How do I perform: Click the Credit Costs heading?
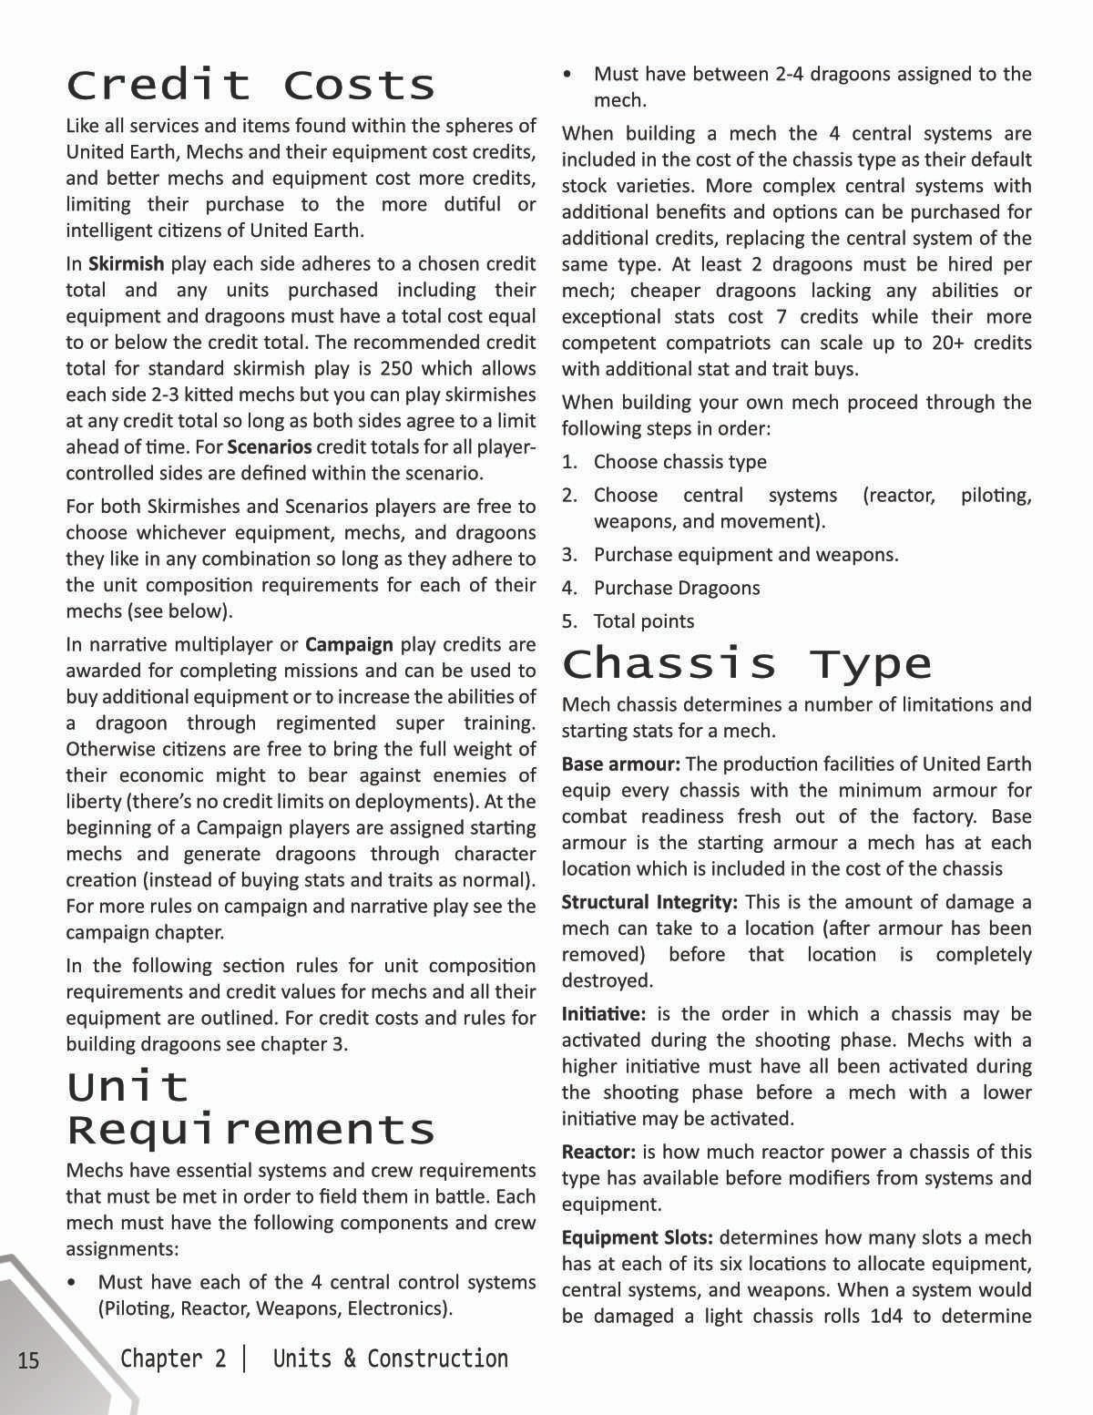(250, 85)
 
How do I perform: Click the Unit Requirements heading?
(250, 1108)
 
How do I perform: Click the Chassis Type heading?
(747, 662)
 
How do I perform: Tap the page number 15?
(28, 1360)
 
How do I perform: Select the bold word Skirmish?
(126, 264)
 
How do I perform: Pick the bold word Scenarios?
(269, 447)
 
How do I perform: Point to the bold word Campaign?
(349, 645)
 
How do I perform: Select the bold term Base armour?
(620, 764)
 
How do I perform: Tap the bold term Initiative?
(603, 1014)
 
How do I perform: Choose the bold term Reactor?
(598, 1152)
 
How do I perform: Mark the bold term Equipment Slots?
(637, 1237)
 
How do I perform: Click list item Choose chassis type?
(679, 462)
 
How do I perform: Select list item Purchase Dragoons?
(676, 588)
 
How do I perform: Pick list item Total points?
(643, 621)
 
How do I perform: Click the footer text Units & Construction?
(390, 1359)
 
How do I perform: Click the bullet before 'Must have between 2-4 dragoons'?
(568, 74)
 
